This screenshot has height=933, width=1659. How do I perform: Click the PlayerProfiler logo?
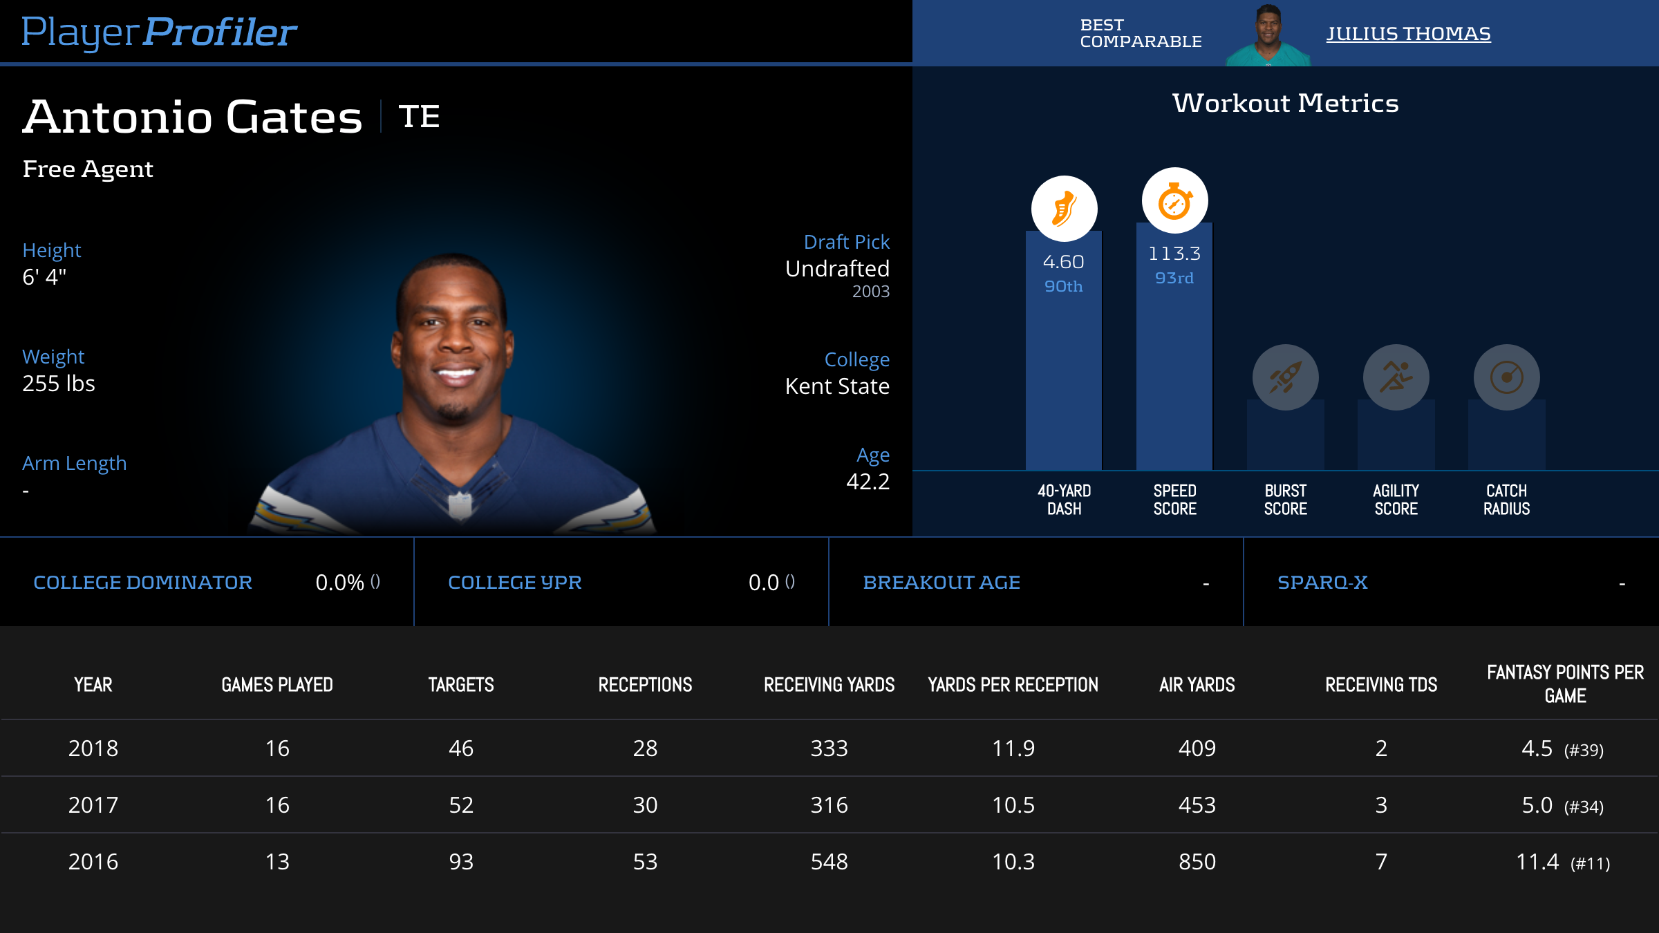point(159,32)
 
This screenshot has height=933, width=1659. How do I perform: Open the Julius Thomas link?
point(1408,33)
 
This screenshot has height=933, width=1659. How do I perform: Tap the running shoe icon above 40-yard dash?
point(1064,209)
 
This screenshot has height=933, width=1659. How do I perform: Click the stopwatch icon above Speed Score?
point(1174,201)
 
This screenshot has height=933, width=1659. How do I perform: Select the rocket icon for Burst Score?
point(1285,377)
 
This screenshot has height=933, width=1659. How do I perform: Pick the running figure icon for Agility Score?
point(1396,377)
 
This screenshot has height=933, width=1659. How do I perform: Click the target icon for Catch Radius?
point(1506,377)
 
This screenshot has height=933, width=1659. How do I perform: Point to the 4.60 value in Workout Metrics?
point(1064,262)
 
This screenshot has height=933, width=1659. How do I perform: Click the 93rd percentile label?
point(1174,278)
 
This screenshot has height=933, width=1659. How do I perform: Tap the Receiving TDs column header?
point(1381,685)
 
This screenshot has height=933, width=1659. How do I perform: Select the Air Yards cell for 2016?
point(1197,862)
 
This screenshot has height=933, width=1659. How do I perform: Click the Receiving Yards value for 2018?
point(829,748)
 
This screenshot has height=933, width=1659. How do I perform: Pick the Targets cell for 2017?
point(461,805)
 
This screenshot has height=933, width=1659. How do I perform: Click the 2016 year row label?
point(93,862)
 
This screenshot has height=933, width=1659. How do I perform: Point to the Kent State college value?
point(837,386)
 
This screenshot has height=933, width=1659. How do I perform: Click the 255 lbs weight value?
point(59,384)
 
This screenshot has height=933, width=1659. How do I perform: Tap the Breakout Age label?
point(941,583)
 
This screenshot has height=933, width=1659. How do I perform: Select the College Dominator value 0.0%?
point(339,583)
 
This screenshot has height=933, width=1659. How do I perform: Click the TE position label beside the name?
point(419,116)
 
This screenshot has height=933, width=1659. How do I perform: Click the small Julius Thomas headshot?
point(1268,35)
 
